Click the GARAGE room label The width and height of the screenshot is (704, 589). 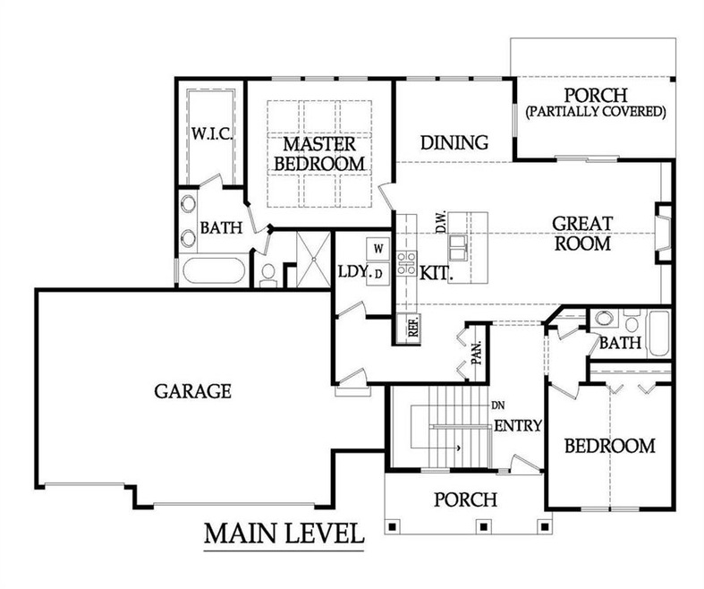pyautogui.click(x=192, y=391)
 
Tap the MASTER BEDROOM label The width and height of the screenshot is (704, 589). pyautogui.click(x=319, y=154)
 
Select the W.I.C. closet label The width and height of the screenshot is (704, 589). pyautogui.click(x=211, y=134)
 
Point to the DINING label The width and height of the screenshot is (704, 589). pyautogui.click(x=454, y=142)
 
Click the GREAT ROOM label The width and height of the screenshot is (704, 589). pyautogui.click(x=581, y=233)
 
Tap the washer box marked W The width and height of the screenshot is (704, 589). pyautogui.click(x=377, y=248)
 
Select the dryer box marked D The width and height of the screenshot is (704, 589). pyautogui.click(x=378, y=272)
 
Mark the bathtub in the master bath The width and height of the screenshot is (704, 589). pyautogui.click(x=212, y=270)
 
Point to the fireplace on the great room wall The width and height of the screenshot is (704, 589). pyautogui.click(x=663, y=234)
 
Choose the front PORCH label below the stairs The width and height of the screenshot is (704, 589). pyautogui.click(x=465, y=499)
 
